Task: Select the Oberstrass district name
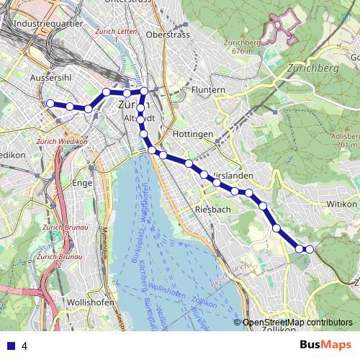166,34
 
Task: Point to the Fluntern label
209,89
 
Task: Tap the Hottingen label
193,135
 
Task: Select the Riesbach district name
212,210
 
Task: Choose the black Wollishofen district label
89,302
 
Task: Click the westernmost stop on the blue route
50,104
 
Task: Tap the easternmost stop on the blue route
310,249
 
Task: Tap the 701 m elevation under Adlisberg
348,145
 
